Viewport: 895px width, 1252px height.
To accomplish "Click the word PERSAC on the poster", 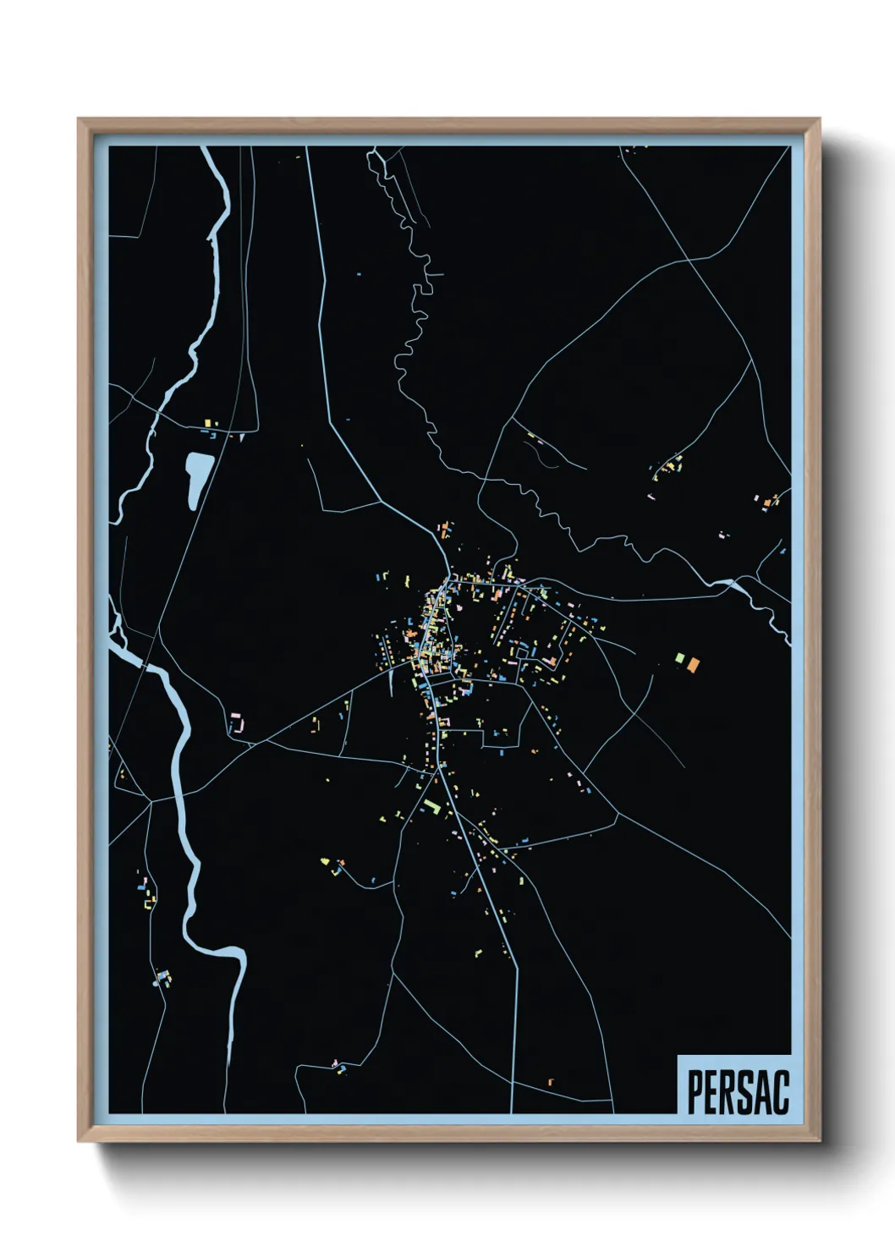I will coord(738,1092).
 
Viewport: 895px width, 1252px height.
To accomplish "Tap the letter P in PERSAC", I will coord(695,1092).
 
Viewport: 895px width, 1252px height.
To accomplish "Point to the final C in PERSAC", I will coord(781,1092).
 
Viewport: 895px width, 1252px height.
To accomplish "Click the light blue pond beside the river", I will coord(198,478).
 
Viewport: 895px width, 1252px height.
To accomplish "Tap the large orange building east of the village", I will coord(693,665).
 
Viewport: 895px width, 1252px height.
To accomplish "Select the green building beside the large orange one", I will coord(679,657).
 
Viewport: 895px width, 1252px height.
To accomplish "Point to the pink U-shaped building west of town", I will coord(239,724).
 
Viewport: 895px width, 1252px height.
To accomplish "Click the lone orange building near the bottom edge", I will coord(550,1082).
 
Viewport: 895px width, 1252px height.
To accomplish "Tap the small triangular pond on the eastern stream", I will coord(733,584).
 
